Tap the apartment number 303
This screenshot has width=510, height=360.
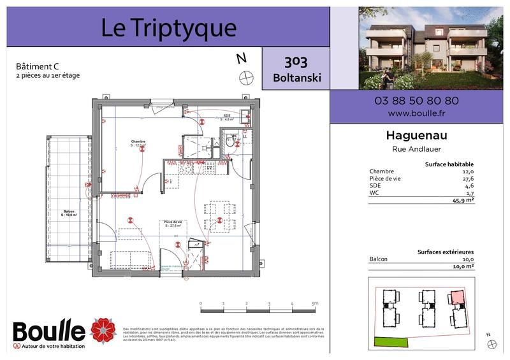tap(296, 62)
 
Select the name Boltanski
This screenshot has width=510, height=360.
tap(296, 78)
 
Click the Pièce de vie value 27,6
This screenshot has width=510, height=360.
tap(468, 179)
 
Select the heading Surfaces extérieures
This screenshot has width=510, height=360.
tap(445, 252)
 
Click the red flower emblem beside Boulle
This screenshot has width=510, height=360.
tap(103, 330)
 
